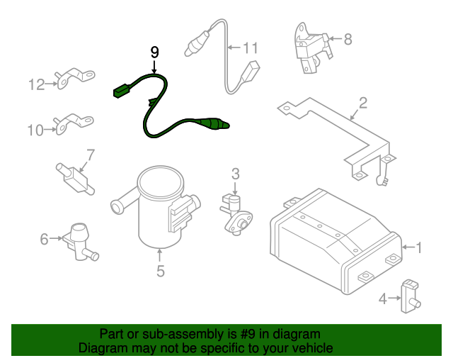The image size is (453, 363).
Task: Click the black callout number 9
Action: coord(155,52)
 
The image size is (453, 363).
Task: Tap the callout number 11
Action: coord(251,48)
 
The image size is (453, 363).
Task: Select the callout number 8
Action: coord(348,39)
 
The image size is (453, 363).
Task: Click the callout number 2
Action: coord(363,103)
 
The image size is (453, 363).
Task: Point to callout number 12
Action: coord(37,84)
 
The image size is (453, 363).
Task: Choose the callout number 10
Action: coord(35,130)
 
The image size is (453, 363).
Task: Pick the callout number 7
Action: coord(91,155)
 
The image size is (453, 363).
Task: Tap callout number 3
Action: coord(236,174)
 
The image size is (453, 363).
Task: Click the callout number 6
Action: coord(44,239)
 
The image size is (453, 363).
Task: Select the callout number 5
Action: coord(161,272)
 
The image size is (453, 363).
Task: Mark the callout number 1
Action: coord(418,248)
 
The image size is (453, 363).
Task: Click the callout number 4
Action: coord(383,298)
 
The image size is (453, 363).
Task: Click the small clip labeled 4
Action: coord(410,296)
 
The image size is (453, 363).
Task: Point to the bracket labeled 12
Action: coord(75,78)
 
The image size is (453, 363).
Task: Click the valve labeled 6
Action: coord(80,242)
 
